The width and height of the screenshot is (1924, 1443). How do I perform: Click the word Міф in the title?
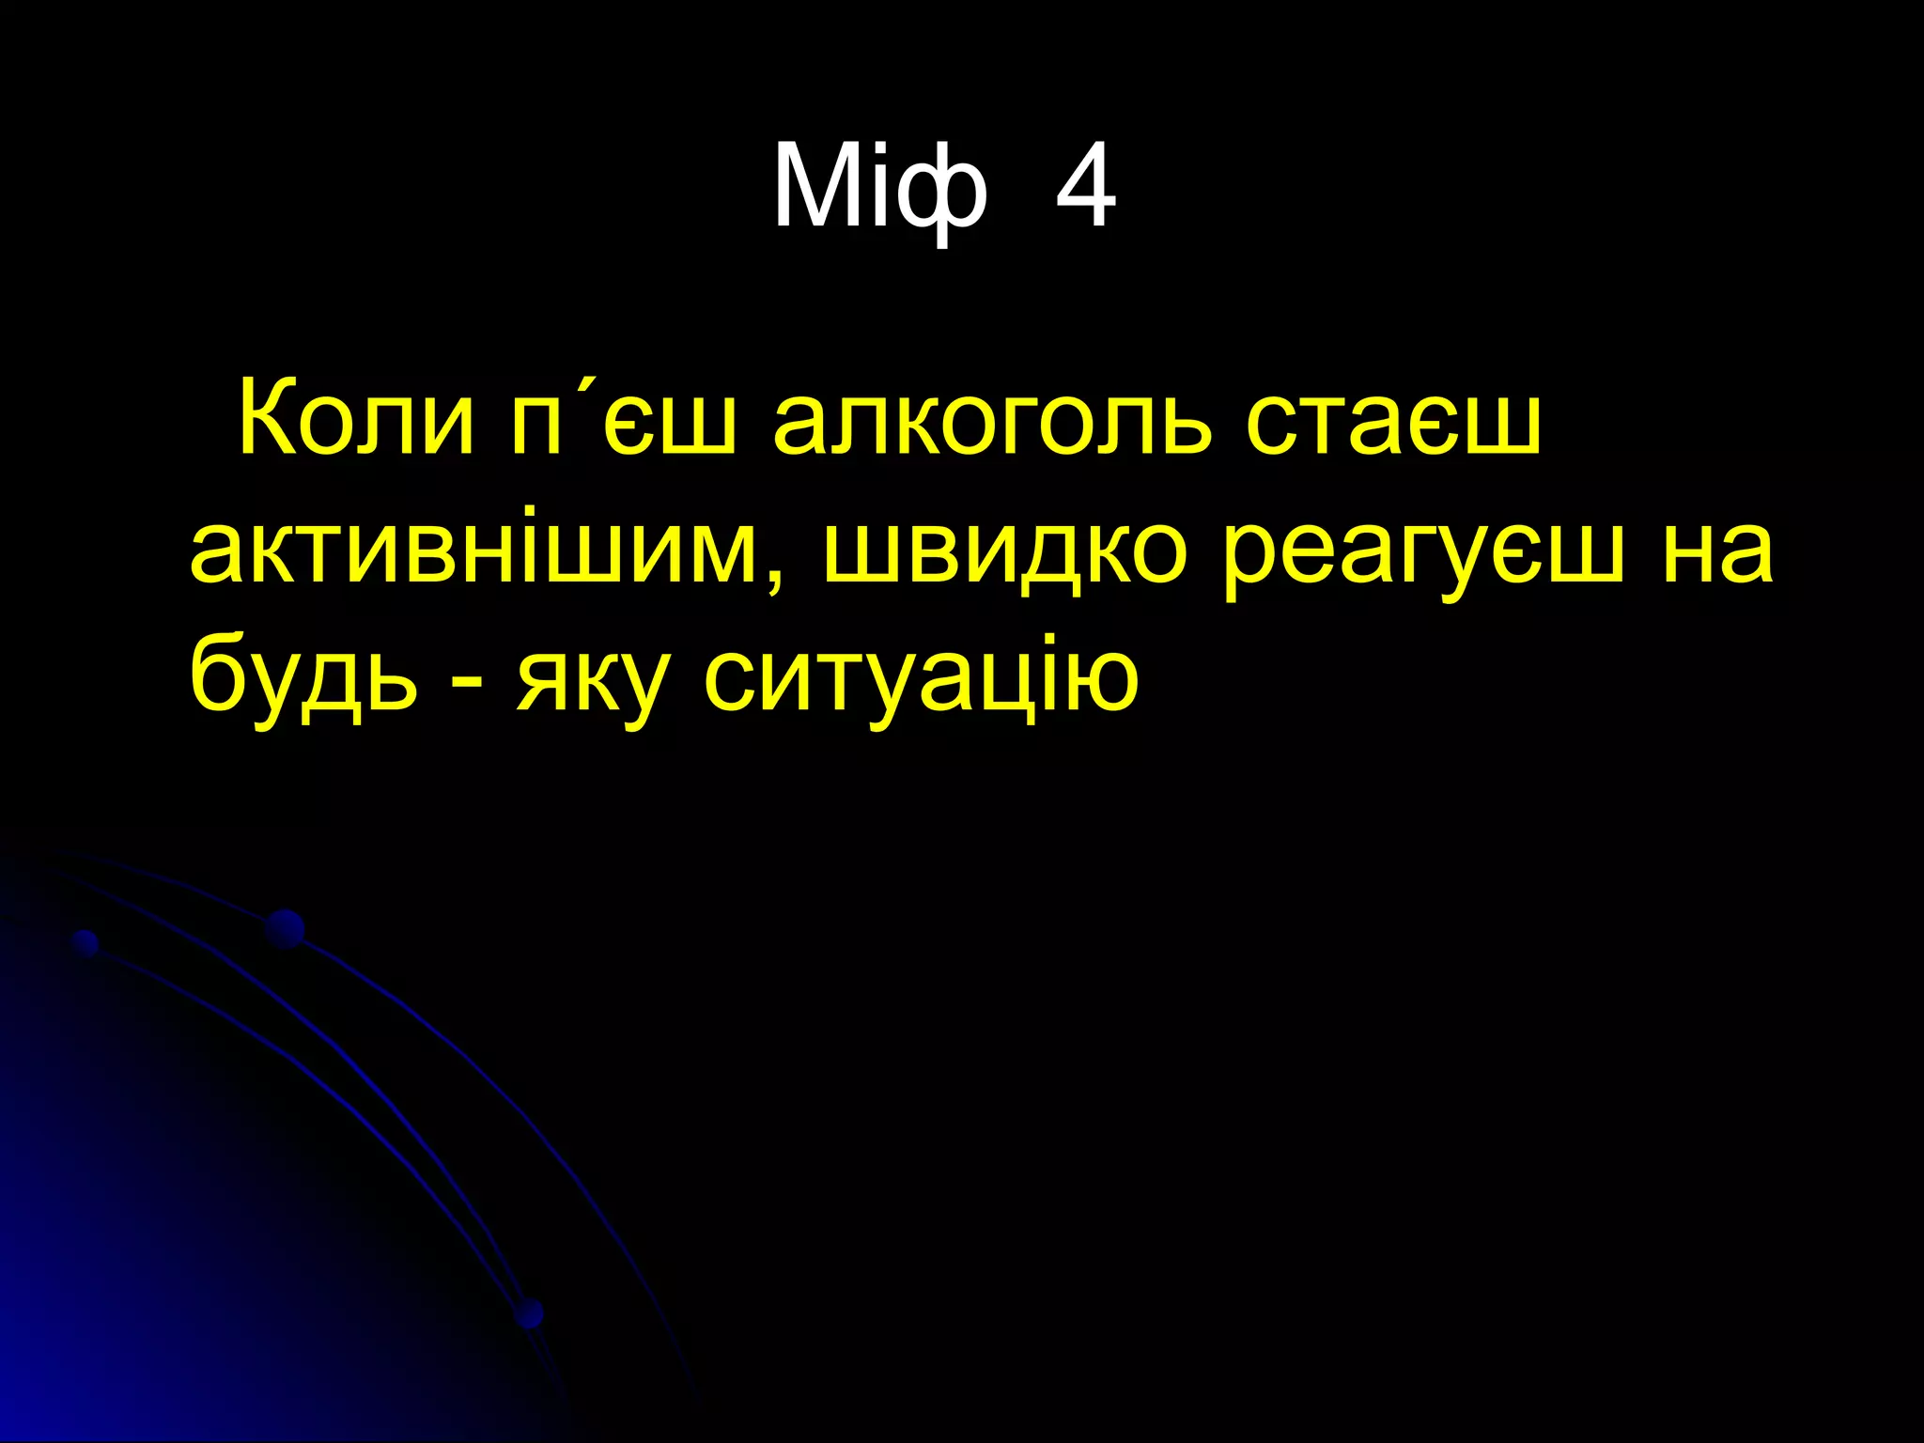click(x=880, y=188)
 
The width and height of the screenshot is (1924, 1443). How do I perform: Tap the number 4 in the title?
click(x=1086, y=188)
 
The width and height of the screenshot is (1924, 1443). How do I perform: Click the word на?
click(x=1717, y=550)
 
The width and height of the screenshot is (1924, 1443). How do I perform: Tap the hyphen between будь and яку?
click(x=463, y=682)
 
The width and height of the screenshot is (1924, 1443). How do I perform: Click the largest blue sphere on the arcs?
click(x=285, y=929)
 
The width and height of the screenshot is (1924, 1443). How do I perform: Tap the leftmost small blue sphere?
click(x=85, y=942)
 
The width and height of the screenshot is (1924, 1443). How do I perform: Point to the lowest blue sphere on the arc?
click(x=530, y=1312)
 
